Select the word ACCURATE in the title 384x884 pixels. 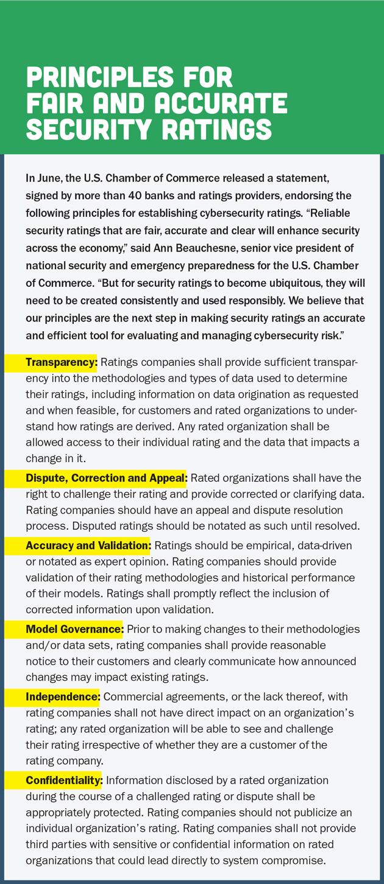(x=221, y=104)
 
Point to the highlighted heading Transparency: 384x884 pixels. (x=61, y=363)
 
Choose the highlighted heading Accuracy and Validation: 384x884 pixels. (x=88, y=545)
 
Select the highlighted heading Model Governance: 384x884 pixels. (x=74, y=629)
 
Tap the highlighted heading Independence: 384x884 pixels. (x=62, y=696)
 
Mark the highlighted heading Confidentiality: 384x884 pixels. (x=65, y=780)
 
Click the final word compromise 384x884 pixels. (x=296, y=860)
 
